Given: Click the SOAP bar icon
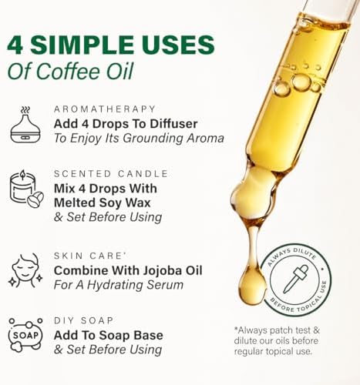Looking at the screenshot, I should [25, 335].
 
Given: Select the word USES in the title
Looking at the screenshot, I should [167, 42].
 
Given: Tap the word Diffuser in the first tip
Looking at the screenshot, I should [174, 123].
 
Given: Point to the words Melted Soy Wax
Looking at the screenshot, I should [106, 203].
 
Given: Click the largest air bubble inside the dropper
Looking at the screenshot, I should [301, 81].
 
